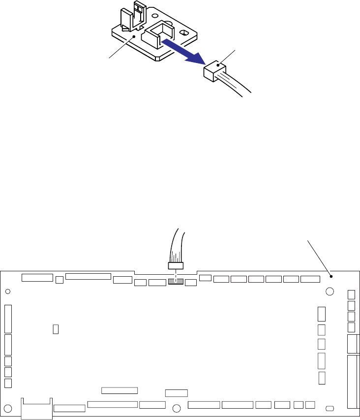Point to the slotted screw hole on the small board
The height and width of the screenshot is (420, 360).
click(x=184, y=32)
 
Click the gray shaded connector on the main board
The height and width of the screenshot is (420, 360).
click(x=175, y=282)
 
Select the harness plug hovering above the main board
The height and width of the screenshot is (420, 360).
click(x=176, y=266)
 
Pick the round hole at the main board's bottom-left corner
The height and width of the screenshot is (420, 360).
click(x=8, y=408)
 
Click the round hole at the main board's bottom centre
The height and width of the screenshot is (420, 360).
click(x=177, y=408)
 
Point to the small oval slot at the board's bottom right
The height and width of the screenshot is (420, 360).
click(x=330, y=408)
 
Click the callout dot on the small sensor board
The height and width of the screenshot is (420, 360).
click(x=134, y=36)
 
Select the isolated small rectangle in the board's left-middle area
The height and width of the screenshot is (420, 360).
click(x=56, y=328)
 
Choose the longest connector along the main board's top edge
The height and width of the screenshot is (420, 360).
click(x=88, y=276)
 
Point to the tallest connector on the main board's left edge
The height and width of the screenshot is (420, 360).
click(x=8, y=319)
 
